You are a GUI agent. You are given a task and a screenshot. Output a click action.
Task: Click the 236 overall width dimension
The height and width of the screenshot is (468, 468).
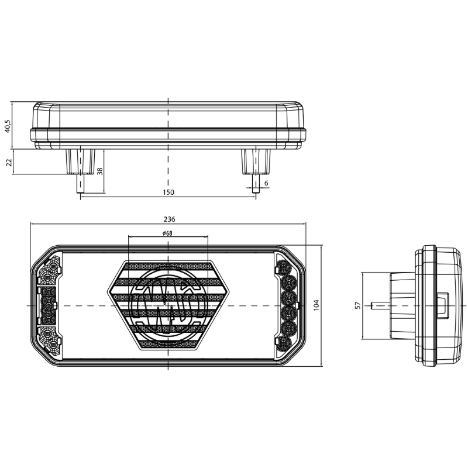point(168,219)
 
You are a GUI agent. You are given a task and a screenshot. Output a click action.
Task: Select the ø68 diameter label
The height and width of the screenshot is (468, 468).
point(167,233)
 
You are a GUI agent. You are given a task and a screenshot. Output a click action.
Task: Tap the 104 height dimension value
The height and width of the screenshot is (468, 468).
point(316,305)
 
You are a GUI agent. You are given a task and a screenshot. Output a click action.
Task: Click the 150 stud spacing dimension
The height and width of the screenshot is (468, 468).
point(168,192)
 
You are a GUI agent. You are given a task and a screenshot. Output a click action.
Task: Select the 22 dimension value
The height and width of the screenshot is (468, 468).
point(9,162)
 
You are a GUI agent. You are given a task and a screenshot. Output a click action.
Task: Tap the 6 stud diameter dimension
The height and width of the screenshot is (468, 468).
point(266,184)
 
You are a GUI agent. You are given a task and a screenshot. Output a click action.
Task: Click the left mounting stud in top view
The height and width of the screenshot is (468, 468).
point(80,170)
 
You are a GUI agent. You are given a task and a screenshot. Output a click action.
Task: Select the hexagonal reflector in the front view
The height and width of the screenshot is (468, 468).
point(168,305)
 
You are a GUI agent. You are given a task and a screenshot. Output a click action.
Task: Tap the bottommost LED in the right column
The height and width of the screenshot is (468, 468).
point(286,342)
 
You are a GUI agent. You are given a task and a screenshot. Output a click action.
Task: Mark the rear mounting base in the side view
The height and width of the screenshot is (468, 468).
point(402,305)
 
